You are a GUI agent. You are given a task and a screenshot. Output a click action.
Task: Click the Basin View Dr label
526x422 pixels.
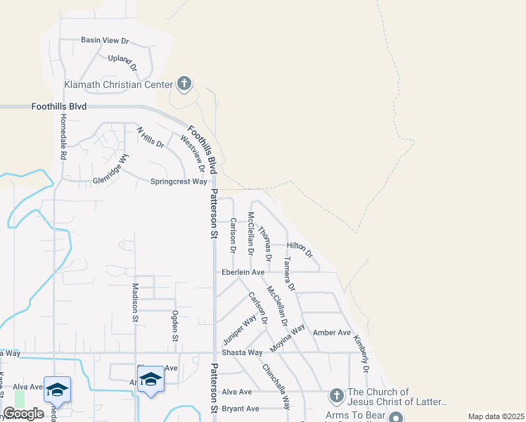click(x=105, y=40)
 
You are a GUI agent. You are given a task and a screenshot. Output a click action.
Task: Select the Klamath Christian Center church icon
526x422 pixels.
click(x=184, y=84)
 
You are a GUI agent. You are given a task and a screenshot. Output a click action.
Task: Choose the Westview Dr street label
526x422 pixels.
click(x=192, y=153)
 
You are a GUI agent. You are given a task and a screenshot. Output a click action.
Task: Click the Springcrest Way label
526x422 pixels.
click(x=179, y=181)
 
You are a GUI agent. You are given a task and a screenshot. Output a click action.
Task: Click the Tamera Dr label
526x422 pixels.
click(x=288, y=274)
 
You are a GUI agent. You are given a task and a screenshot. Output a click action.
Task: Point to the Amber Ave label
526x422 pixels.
click(x=332, y=333)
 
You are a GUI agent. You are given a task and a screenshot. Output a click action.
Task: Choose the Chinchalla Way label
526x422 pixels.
click(x=276, y=387)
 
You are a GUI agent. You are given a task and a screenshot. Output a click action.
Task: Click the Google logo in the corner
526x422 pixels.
click(x=23, y=414)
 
